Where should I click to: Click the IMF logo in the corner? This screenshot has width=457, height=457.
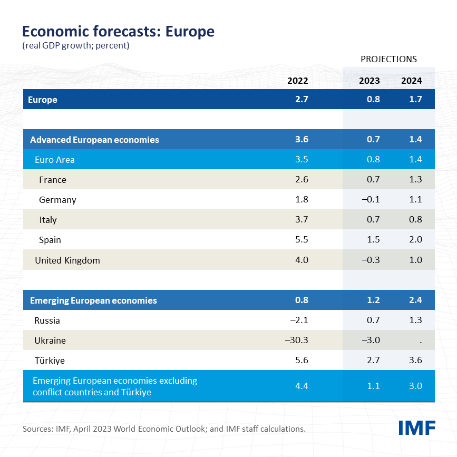click(x=416, y=428)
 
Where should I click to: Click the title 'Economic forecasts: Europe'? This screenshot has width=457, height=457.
click(x=118, y=31)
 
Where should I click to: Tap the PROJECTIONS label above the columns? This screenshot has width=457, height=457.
click(x=388, y=59)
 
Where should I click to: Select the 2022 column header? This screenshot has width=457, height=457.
click(x=297, y=81)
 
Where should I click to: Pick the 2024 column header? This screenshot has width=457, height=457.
click(x=411, y=81)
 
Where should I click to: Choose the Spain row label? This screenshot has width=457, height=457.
click(x=50, y=240)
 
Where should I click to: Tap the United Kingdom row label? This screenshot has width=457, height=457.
click(x=67, y=260)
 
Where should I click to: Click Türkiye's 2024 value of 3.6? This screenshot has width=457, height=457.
click(x=415, y=361)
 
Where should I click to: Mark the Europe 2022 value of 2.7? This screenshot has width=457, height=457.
click(x=302, y=99)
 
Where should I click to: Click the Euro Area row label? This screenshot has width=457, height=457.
click(x=55, y=160)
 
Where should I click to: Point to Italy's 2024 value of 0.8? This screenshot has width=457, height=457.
click(x=415, y=220)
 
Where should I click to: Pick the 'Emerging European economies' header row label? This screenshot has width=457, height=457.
click(x=93, y=300)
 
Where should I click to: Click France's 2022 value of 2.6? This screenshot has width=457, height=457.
click(x=302, y=180)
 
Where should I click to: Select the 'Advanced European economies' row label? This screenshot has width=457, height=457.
click(x=94, y=140)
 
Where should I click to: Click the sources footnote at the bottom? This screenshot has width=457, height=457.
click(x=164, y=429)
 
